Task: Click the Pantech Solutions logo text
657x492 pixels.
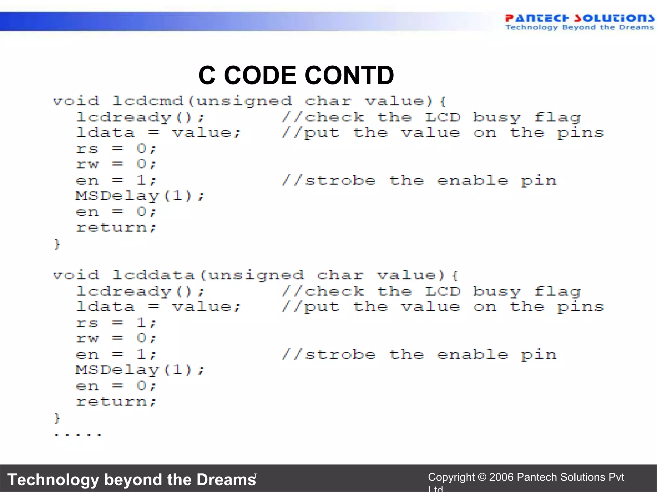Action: click(579, 18)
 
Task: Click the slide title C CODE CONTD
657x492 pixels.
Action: click(296, 76)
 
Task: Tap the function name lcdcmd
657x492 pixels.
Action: click(148, 101)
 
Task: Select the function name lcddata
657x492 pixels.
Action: click(154, 275)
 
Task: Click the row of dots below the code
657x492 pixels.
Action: click(78, 435)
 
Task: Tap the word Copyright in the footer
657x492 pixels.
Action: click(451, 477)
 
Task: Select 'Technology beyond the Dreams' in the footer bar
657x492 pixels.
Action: click(132, 480)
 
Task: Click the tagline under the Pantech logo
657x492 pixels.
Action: click(579, 28)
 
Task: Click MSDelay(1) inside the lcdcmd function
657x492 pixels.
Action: click(140, 196)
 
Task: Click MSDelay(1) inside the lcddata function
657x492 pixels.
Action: click(140, 370)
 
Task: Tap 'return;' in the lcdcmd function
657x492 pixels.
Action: click(116, 228)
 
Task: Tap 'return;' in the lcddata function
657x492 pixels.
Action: click(116, 402)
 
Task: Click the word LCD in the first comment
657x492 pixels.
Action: click(443, 118)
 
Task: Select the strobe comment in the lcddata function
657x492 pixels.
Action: click(419, 355)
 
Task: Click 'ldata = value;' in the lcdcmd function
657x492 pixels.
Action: click(158, 133)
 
